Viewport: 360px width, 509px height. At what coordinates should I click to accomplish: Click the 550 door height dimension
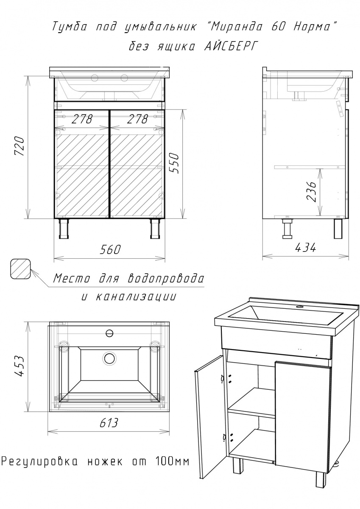point(175,163)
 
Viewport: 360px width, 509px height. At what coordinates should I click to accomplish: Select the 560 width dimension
point(110,249)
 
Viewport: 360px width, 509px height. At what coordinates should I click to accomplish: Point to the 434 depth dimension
point(305,247)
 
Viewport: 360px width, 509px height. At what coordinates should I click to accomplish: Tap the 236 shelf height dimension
point(311,191)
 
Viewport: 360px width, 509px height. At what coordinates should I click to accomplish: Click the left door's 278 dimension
point(82,119)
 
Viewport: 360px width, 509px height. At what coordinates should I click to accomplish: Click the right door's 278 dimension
point(137,119)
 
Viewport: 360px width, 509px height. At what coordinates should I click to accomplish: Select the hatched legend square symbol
point(20,268)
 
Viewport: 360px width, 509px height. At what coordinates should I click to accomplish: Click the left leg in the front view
point(64,228)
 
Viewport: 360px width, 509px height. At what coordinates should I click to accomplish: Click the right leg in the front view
point(155,228)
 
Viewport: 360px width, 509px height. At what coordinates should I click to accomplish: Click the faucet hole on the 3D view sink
point(300,307)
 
